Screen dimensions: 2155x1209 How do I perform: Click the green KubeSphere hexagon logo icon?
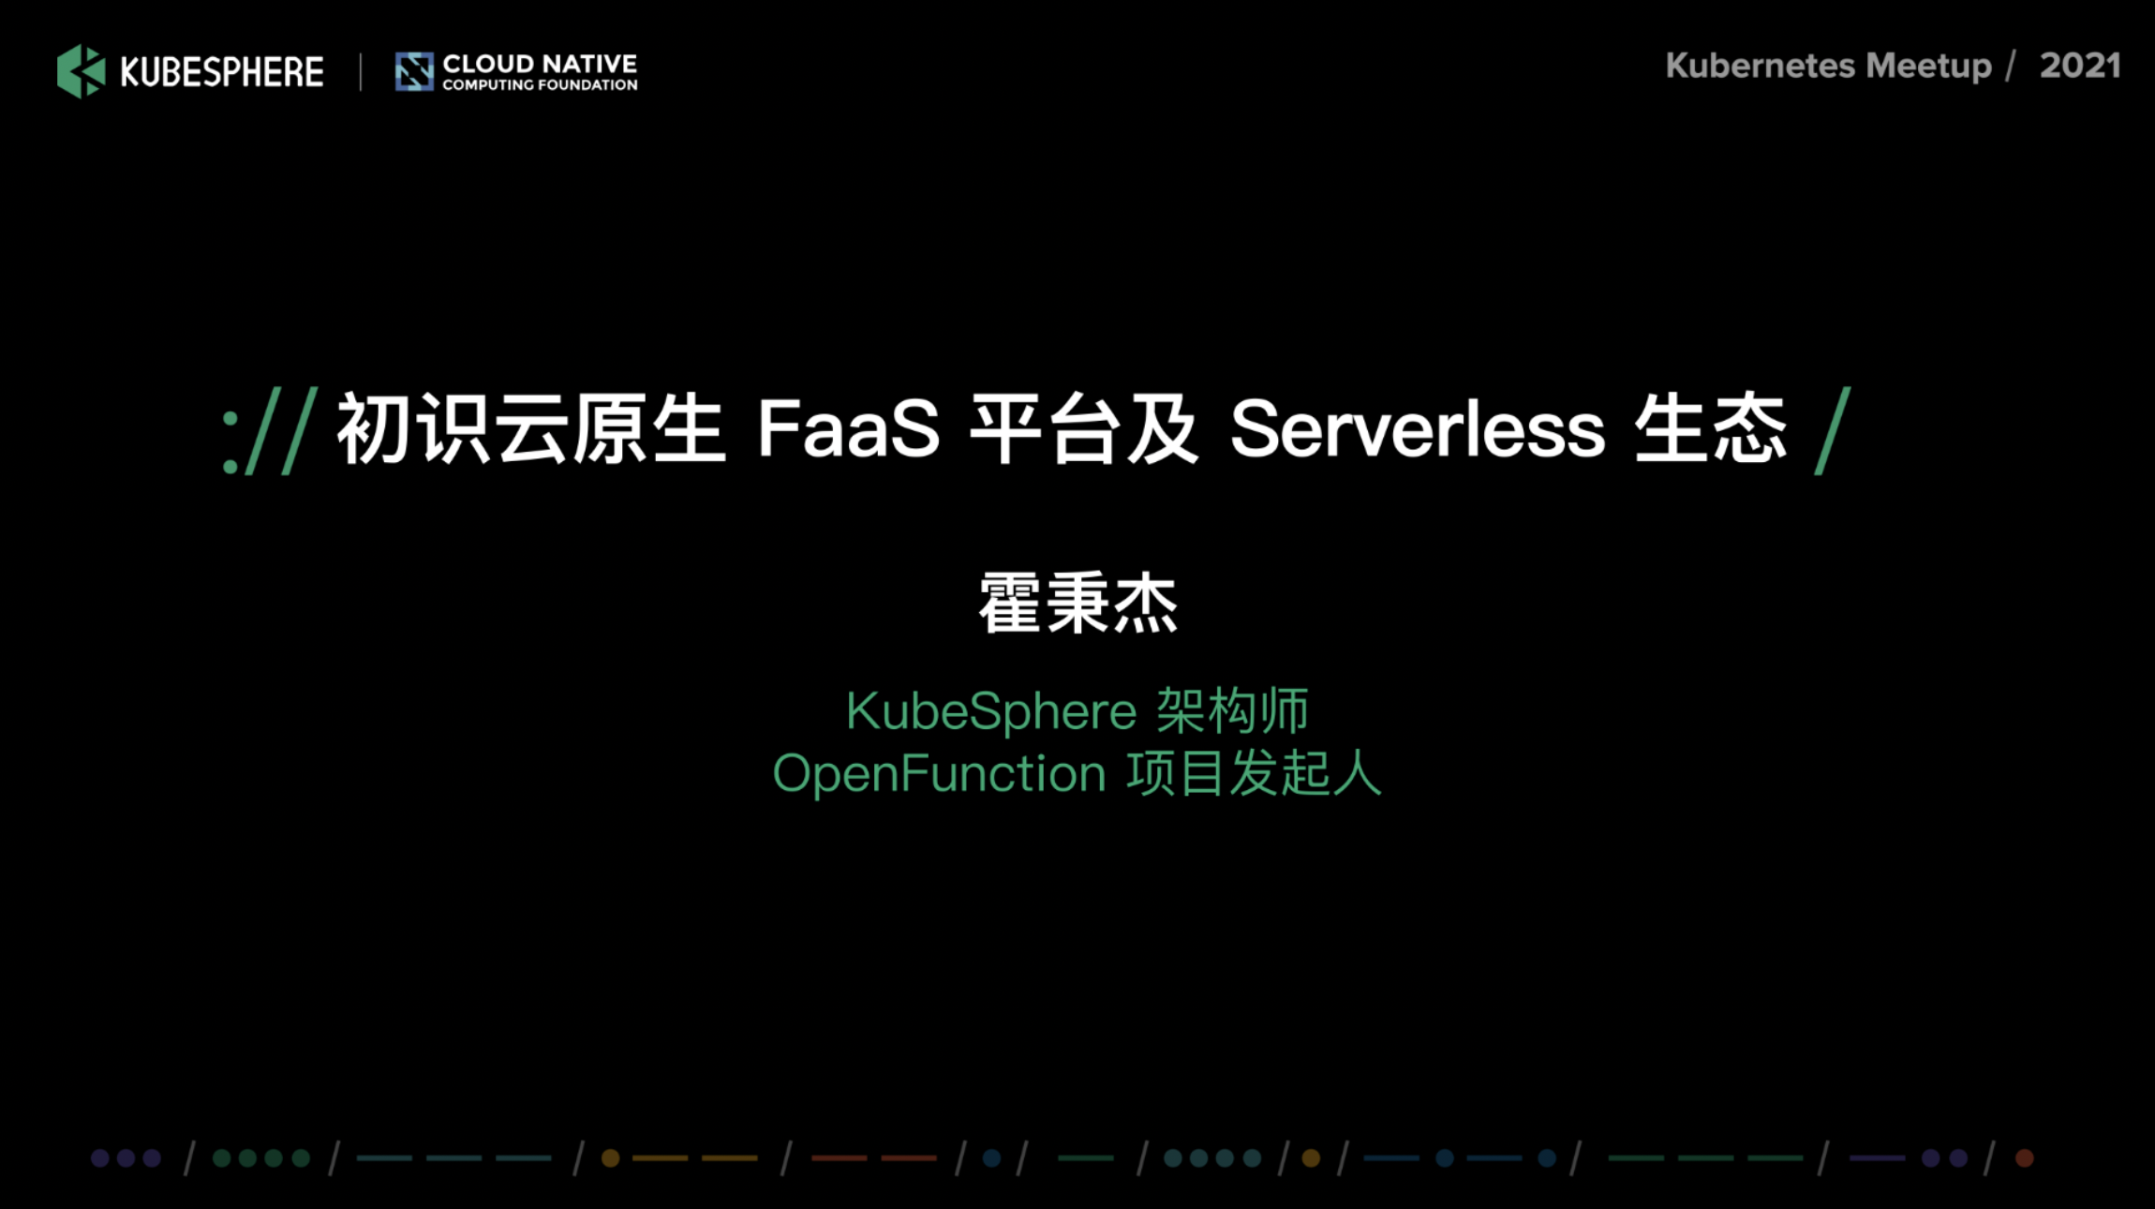[x=82, y=71]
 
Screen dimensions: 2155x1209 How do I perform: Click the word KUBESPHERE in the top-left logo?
[x=222, y=72]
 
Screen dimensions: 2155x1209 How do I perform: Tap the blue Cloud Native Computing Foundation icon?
[x=414, y=71]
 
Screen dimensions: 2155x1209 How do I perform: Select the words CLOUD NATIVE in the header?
[x=540, y=64]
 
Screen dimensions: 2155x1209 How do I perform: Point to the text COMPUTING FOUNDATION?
[x=540, y=85]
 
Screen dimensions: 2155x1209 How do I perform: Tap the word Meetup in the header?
[x=1928, y=67]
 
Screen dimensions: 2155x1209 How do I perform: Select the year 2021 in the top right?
[x=2080, y=66]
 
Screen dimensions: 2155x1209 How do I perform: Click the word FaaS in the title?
[x=848, y=429]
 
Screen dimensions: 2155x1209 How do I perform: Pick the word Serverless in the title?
[x=1418, y=429]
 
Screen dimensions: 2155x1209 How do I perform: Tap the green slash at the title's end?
[x=1833, y=431]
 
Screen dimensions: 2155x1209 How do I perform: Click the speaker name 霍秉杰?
[x=1077, y=604]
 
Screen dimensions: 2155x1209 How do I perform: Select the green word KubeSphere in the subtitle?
[x=991, y=710]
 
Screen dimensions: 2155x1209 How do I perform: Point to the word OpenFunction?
[x=939, y=774]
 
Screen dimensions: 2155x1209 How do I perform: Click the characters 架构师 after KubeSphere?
[x=1232, y=710]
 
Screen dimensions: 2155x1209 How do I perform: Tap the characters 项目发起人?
[x=1254, y=774]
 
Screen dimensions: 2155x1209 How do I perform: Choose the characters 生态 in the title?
[x=1711, y=429]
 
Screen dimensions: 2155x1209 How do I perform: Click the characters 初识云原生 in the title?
[x=531, y=429]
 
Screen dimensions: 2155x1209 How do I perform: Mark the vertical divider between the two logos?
[x=361, y=72]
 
